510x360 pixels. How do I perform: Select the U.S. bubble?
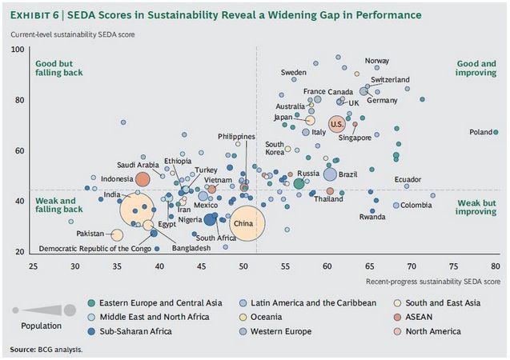337,125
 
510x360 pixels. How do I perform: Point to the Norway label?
377,61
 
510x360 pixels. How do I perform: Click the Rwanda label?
371,217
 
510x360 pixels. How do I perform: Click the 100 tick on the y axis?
16,50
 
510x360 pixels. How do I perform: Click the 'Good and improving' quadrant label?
476,68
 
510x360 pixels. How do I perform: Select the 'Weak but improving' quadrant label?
476,208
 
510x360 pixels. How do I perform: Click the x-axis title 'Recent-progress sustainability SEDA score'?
433,282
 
